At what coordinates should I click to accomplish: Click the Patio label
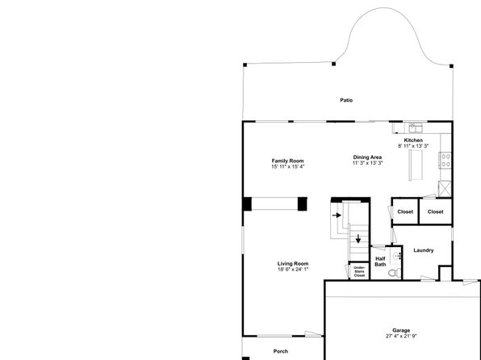(x=346, y=100)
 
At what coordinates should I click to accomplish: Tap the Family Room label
(x=288, y=161)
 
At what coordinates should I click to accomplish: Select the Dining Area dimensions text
(x=367, y=163)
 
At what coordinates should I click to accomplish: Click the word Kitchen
(x=413, y=140)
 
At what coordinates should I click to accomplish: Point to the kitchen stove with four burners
(x=445, y=160)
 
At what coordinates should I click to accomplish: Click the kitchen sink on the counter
(x=416, y=128)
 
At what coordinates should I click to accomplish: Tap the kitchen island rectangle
(x=416, y=165)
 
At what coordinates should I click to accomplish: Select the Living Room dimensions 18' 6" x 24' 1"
(x=293, y=270)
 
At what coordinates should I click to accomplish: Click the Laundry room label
(x=424, y=250)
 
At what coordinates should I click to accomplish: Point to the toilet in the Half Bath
(x=395, y=272)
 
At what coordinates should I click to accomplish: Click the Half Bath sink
(x=397, y=256)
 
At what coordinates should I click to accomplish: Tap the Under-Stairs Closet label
(x=359, y=271)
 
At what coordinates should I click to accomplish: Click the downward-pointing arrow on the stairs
(x=358, y=239)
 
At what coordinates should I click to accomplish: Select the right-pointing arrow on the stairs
(x=337, y=216)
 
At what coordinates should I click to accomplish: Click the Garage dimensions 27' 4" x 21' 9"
(x=401, y=336)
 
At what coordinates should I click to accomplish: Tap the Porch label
(x=281, y=351)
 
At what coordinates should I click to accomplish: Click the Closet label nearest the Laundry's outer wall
(x=435, y=211)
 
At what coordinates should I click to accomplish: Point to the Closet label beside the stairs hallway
(x=405, y=211)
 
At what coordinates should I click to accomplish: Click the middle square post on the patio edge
(x=334, y=64)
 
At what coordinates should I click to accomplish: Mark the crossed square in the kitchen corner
(x=445, y=189)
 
